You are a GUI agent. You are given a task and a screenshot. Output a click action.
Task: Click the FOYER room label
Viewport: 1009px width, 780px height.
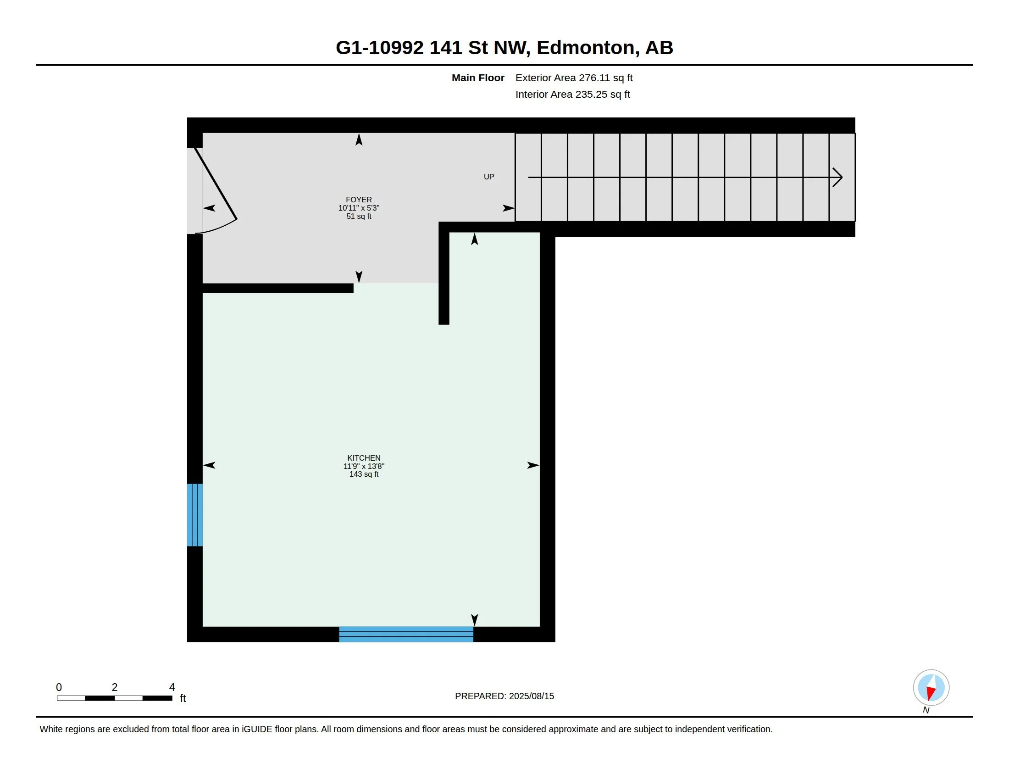359,200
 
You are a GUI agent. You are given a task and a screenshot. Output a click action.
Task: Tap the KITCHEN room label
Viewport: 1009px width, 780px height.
364,458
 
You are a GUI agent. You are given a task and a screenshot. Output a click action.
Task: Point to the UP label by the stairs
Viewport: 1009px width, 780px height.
489,177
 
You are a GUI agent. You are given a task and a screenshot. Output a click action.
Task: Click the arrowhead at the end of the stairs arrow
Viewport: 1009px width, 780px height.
837,177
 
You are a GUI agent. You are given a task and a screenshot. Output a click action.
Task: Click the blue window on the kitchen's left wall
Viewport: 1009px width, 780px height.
194,515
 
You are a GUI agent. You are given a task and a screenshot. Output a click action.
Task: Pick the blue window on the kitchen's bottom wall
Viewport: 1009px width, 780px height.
406,634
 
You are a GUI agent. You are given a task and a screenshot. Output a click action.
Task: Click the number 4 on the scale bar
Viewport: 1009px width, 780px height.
172,687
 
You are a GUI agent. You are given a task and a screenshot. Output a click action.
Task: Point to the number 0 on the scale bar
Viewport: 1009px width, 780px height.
59,687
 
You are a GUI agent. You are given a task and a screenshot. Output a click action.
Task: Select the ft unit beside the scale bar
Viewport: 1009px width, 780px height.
183,698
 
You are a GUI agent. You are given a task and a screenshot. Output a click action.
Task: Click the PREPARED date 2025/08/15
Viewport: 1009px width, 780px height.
531,696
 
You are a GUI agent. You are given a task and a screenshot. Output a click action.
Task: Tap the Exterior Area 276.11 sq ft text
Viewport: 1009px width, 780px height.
574,78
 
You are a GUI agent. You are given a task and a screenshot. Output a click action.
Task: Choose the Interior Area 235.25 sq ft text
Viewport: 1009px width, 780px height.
572,94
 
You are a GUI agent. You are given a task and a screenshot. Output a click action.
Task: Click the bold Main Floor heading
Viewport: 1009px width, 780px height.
478,78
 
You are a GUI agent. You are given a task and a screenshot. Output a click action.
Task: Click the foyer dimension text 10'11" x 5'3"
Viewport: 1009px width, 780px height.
359,208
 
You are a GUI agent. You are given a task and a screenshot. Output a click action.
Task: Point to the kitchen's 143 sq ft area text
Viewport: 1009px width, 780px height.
364,474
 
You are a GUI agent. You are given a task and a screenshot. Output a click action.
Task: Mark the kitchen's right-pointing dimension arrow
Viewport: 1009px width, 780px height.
533,465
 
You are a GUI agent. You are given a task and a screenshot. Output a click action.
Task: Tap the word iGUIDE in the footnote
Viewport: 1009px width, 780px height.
257,729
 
